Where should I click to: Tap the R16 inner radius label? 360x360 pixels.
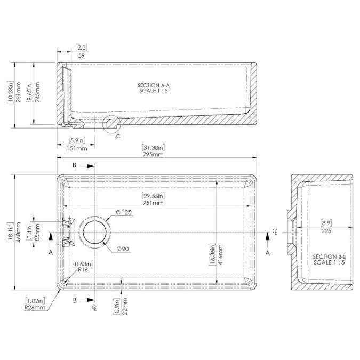[82, 270]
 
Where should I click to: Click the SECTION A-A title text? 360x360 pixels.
[153, 85]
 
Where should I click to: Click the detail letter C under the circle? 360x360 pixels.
[118, 136]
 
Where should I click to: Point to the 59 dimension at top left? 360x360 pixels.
[81, 55]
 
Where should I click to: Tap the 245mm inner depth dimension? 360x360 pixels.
[37, 94]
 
